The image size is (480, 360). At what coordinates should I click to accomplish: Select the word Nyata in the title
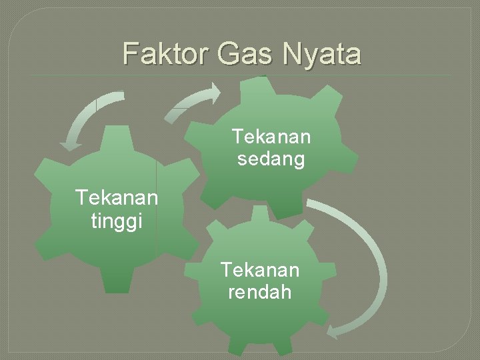[x=322, y=53]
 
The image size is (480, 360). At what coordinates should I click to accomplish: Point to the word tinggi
[x=117, y=221]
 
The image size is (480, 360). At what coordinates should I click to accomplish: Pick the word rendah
[x=260, y=292]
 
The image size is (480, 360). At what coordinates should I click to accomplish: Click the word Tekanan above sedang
[x=271, y=137]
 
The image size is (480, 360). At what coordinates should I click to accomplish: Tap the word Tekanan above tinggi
[x=117, y=198]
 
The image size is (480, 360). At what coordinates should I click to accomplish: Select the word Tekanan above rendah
[x=260, y=270]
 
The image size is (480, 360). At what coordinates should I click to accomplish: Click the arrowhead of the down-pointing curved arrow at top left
[x=70, y=143]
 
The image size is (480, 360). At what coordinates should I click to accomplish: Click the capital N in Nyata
[x=293, y=53]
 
